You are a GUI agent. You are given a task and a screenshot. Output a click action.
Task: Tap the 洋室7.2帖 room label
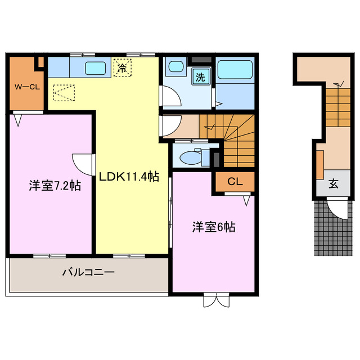pyautogui.click(x=54, y=185)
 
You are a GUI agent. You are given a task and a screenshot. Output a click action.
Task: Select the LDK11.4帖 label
pyautogui.click(x=129, y=177)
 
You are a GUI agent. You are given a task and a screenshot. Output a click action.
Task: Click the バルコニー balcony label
pyautogui.click(x=88, y=273)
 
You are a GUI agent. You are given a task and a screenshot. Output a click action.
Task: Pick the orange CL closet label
pyautogui.click(x=234, y=182)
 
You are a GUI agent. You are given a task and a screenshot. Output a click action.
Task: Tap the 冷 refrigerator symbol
pyautogui.click(x=121, y=68)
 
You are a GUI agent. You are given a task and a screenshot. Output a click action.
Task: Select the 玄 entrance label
pyautogui.click(x=333, y=183)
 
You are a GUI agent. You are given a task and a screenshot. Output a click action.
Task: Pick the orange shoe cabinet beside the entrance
pyautogui.click(x=319, y=163)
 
